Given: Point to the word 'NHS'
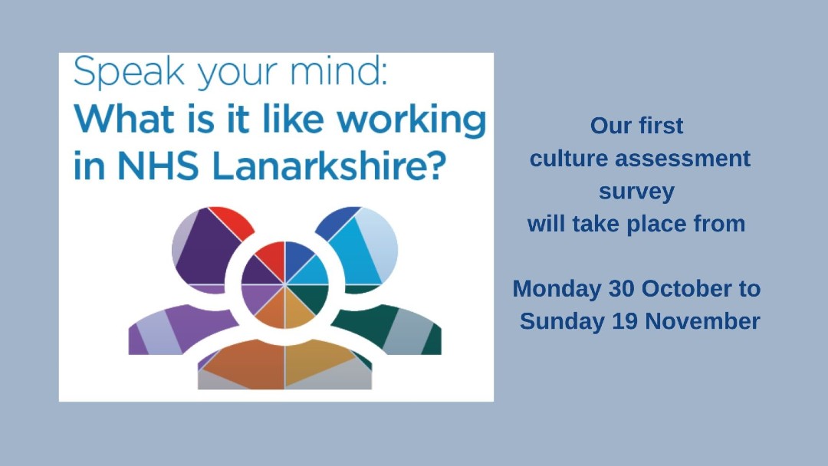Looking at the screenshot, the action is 158,166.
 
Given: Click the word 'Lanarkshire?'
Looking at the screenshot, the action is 327,166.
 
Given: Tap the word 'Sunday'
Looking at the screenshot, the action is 563,322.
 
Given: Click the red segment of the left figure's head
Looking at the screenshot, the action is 232,221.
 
